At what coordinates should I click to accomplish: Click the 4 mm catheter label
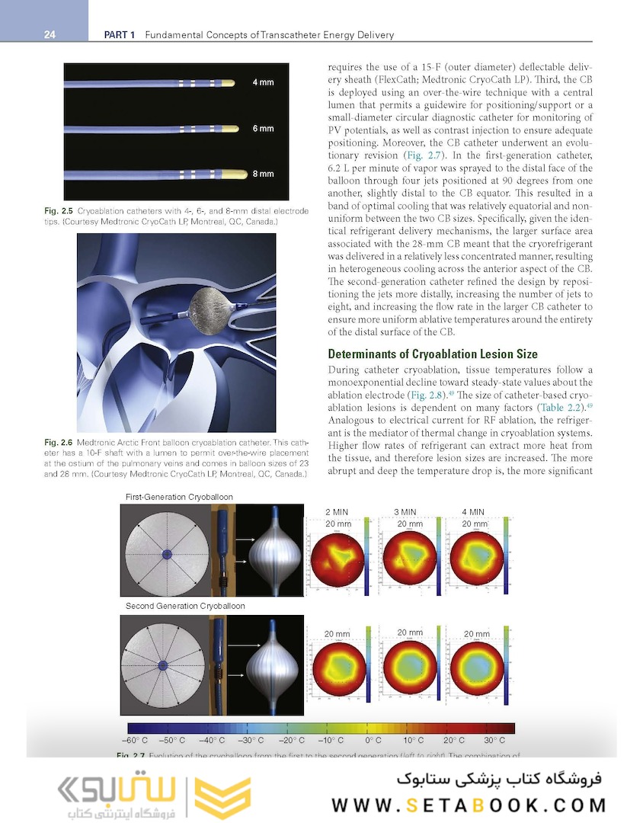coord(263,82)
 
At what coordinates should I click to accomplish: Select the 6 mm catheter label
coord(263,128)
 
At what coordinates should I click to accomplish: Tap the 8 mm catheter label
coord(263,174)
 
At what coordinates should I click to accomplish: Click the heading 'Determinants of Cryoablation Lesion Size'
coord(433,354)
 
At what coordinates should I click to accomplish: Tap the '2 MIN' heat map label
coord(338,512)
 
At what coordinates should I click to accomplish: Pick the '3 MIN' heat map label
coord(405,512)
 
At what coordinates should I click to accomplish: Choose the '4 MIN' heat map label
coord(472,512)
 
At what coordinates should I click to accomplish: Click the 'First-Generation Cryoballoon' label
coord(180,497)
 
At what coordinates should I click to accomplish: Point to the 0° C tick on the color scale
coord(373,740)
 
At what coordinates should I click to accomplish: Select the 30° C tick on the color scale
coord(494,740)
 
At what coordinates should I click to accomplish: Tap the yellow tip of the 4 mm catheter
coord(234,82)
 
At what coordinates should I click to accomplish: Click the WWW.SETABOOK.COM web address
coord(469,805)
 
